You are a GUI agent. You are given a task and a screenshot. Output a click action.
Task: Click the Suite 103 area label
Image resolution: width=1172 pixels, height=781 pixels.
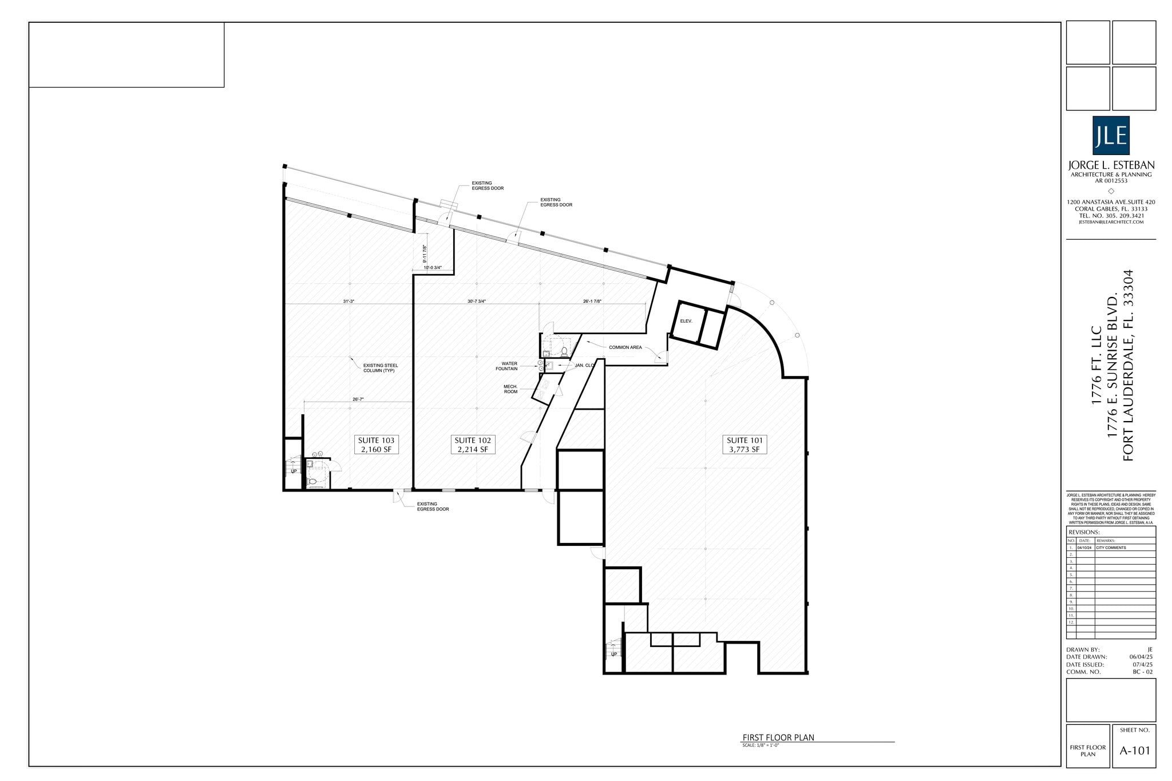[x=376, y=445]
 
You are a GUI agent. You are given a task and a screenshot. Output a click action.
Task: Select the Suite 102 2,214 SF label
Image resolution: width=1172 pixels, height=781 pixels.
[x=473, y=445]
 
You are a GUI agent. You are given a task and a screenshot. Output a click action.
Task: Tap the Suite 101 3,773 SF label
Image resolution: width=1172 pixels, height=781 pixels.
[x=744, y=445]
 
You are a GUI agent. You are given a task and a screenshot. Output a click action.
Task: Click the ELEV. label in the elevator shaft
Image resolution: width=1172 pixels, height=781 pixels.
[x=686, y=321]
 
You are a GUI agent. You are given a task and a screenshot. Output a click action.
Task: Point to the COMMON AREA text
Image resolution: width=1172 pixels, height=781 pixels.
[x=625, y=347]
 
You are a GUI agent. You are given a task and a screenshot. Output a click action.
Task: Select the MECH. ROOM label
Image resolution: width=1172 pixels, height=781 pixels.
[x=510, y=389]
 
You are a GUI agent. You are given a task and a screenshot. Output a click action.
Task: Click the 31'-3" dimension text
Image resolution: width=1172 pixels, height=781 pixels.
[x=349, y=301]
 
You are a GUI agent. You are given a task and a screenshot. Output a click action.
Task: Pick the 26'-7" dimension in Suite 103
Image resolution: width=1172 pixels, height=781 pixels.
[x=358, y=399]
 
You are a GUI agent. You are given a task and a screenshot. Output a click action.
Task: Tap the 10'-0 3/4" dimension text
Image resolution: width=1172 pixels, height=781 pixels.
[x=433, y=267]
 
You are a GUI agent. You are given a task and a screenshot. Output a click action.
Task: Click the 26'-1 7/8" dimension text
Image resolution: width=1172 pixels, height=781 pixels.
[x=592, y=301]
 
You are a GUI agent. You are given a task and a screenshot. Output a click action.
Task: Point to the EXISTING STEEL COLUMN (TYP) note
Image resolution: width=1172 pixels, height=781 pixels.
[x=381, y=368]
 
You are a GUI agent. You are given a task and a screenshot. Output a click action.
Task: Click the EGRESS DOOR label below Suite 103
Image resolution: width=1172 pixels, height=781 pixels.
[x=433, y=506]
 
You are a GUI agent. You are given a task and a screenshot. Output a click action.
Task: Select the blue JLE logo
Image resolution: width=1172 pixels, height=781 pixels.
[x=1111, y=136]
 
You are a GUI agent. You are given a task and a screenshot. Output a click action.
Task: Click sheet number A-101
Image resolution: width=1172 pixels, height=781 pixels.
[x=1134, y=751]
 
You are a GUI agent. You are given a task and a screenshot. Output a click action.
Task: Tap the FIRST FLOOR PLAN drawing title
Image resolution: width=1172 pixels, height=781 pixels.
[x=778, y=738]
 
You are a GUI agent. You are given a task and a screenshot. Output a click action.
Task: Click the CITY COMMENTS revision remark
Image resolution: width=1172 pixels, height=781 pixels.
[x=1111, y=548]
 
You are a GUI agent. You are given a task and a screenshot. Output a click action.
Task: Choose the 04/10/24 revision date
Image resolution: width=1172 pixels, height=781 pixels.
[x=1085, y=548]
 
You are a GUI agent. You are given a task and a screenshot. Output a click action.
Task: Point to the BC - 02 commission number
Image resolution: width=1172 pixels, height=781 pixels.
[x=1142, y=672]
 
